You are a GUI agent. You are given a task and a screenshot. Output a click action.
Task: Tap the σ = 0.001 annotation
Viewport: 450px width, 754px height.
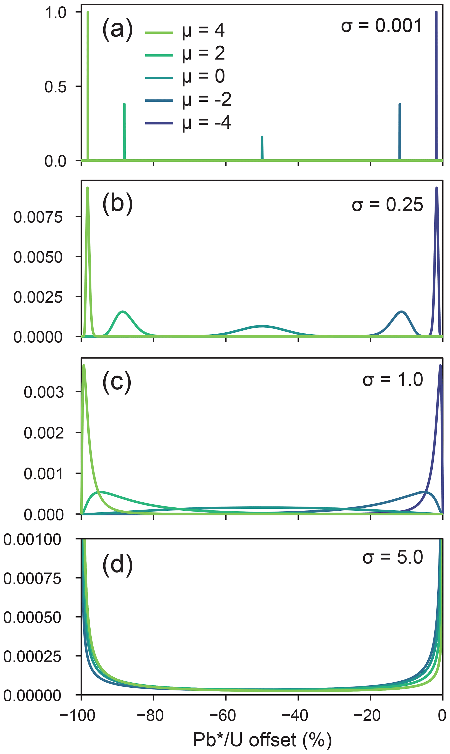[x=381, y=25]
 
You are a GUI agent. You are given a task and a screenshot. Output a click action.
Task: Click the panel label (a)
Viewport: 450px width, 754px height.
[x=117, y=29]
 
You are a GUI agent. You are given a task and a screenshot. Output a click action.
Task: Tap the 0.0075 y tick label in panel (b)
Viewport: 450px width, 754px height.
[x=38, y=217]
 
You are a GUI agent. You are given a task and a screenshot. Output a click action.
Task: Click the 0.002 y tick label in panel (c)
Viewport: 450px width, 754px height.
[x=44, y=433]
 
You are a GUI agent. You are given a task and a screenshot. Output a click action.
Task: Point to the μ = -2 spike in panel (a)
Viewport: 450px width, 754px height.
[x=400, y=130]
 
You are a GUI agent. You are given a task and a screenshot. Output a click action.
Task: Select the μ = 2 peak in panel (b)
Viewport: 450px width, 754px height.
[x=123, y=312]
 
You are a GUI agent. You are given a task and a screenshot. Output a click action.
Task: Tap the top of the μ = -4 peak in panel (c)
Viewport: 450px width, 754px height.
[x=440, y=366]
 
